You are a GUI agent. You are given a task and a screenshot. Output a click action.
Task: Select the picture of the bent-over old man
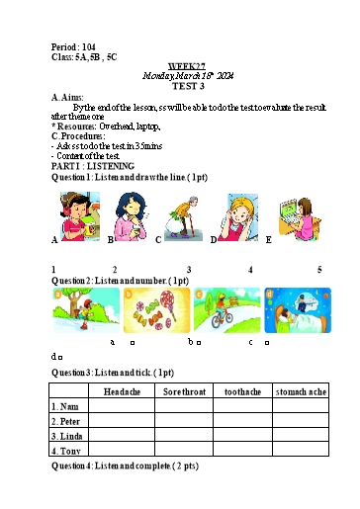point(181,217)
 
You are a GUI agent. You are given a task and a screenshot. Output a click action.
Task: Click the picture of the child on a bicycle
point(226,310)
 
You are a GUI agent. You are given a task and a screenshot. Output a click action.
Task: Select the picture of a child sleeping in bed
point(298,310)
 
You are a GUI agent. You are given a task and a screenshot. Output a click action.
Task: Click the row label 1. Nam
point(66,406)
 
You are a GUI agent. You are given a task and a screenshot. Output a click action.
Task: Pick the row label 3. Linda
point(69,436)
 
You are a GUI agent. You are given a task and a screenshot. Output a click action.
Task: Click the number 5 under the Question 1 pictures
point(319,270)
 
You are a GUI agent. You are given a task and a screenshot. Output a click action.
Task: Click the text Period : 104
point(73,47)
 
